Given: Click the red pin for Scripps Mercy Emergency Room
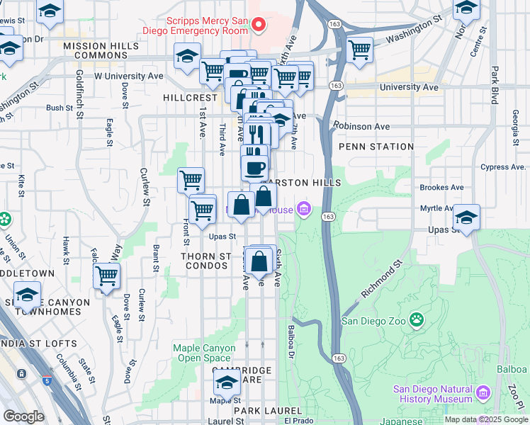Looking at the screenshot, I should click(259, 25).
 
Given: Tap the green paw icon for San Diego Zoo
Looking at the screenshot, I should click(417, 320).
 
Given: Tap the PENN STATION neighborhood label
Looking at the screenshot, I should click(376, 147).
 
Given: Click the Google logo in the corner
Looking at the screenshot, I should click(23, 416).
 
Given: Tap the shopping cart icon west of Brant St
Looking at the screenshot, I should click(107, 276).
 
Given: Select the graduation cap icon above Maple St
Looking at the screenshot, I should click(227, 384).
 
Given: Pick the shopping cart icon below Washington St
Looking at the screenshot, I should click(360, 50).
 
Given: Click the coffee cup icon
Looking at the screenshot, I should click(255, 168).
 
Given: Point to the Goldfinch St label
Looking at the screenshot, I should click(80, 89).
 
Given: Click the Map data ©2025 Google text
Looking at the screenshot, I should click(485, 419).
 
